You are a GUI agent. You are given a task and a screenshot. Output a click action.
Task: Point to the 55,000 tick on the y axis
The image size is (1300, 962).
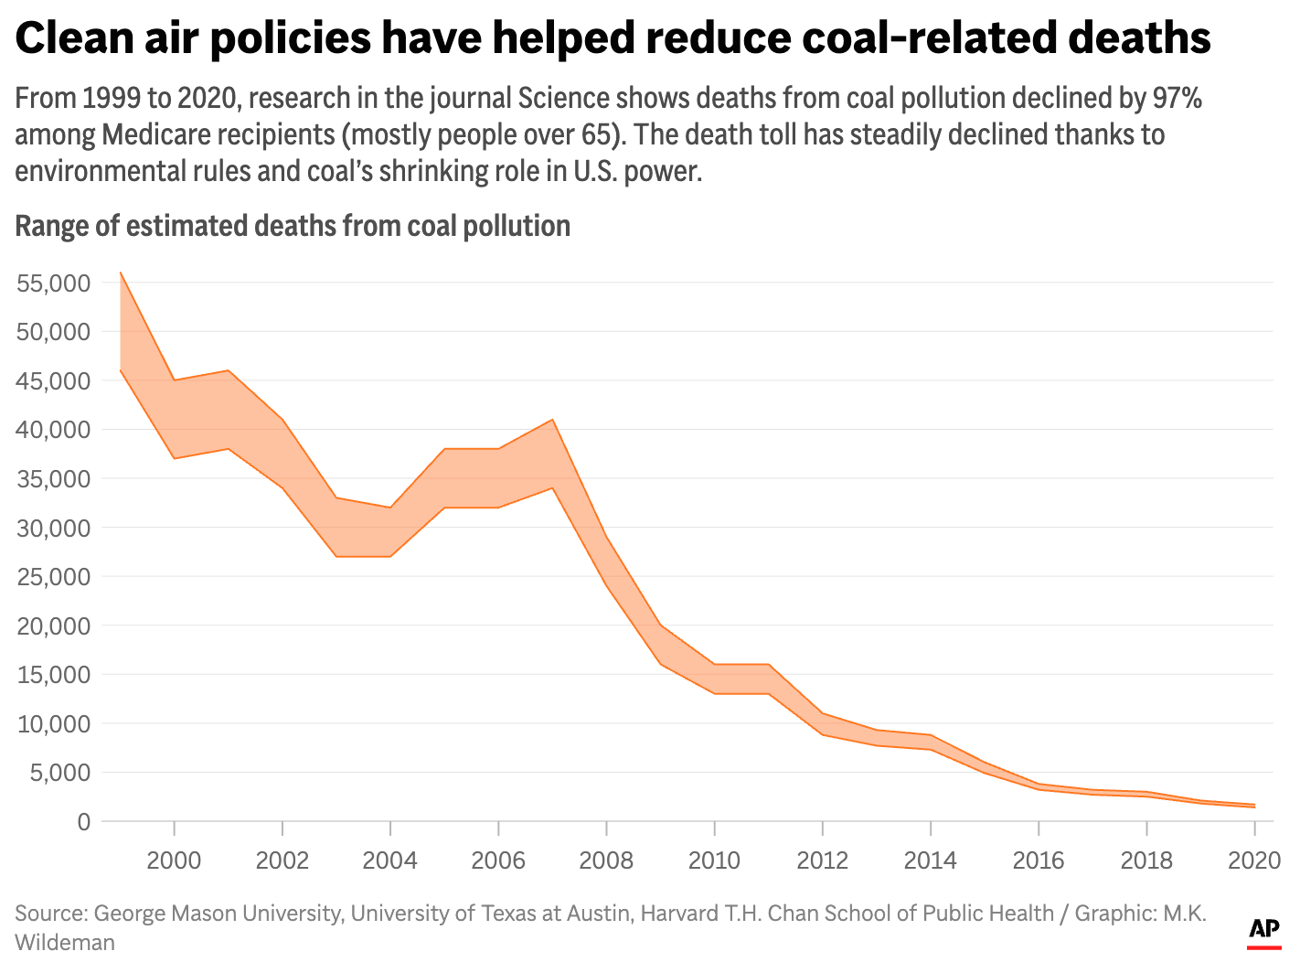53,283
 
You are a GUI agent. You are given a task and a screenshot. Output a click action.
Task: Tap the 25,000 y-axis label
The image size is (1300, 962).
53,577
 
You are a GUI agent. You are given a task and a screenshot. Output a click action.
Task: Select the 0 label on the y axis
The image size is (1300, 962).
84,821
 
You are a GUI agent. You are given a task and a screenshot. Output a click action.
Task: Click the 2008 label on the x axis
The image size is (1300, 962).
606,860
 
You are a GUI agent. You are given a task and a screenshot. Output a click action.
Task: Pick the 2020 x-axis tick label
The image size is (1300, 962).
1253,860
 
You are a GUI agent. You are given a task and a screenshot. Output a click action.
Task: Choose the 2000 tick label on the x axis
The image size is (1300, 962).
174,860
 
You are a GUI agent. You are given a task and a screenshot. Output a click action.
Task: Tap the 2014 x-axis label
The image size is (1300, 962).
930,860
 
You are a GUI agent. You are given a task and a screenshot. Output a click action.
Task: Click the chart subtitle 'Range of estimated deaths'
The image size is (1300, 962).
293,226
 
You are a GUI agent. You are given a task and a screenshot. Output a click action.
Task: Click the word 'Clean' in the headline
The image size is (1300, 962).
75,38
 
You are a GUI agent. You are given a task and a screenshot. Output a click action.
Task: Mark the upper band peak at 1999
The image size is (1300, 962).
121,273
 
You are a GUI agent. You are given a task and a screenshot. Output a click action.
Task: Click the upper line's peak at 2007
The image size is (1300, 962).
552,420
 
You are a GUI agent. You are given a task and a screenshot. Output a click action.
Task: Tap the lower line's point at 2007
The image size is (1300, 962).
552,487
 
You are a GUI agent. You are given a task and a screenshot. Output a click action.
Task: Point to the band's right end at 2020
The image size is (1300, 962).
1253,806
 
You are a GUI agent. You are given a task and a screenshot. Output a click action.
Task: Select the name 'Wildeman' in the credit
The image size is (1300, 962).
65,942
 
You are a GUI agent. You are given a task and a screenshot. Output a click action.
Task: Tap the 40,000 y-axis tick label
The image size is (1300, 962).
53,430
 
